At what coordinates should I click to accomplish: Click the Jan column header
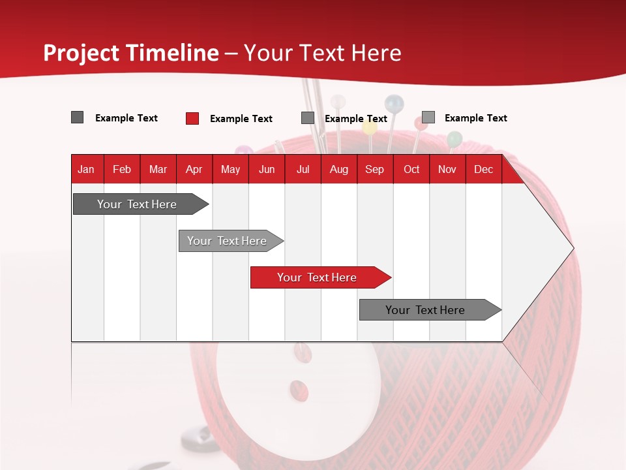(x=86, y=169)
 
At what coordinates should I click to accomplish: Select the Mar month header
(x=158, y=169)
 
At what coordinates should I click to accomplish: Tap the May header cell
(x=230, y=169)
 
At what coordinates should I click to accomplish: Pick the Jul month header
(x=303, y=169)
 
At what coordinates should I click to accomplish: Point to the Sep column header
(x=374, y=169)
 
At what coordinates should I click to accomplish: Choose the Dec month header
(x=483, y=169)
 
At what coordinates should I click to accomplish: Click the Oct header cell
(x=411, y=169)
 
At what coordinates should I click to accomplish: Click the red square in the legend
(x=192, y=118)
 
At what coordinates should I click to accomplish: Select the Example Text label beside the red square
(x=241, y=119)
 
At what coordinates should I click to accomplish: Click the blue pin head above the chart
(x=394, y=102)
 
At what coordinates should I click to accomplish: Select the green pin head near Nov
(x=455, y=138)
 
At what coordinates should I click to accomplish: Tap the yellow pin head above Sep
(x=370, y=129)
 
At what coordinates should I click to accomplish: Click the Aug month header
(x=338, y=169)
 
